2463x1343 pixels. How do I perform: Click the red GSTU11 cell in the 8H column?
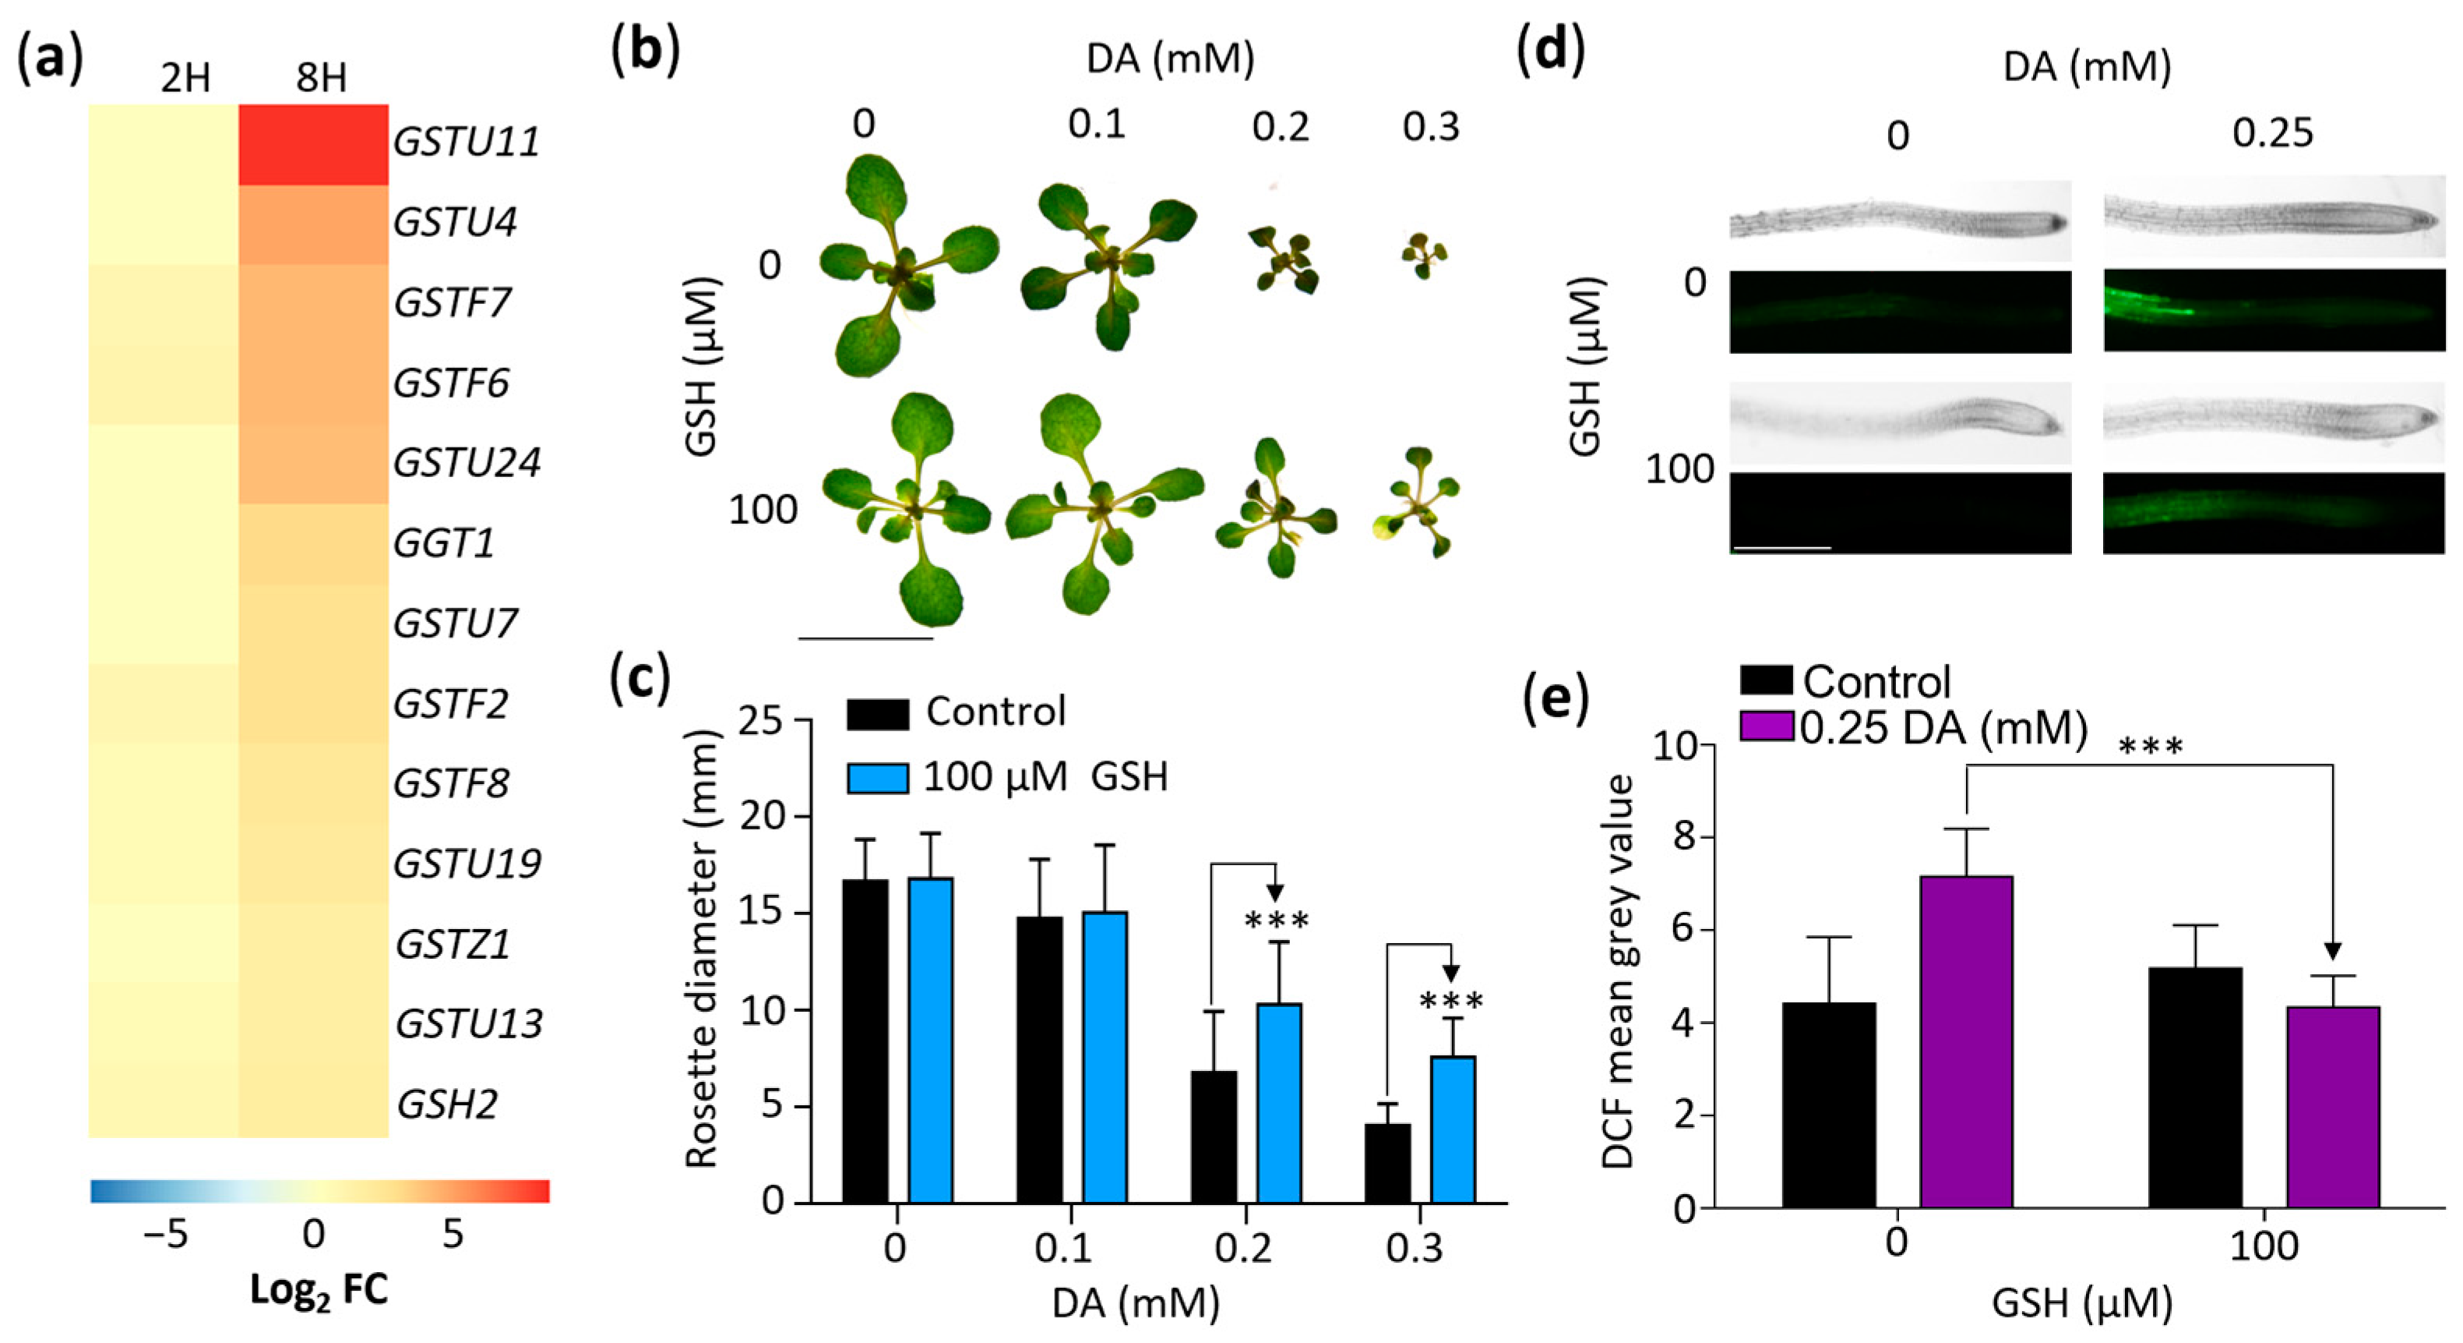pyautogui.click(x=314, y=144)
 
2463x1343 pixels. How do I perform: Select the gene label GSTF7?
pyautogui.click(x=453, y=302)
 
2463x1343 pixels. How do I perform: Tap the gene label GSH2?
pyautogui.click(x=447, y=1104)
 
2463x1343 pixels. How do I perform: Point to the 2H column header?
pyautogui.click(x=185, y=77)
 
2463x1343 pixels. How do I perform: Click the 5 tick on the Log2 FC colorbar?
pyautogui.click(x=453, y=1234)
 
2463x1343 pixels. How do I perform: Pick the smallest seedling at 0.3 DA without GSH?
pyautogui.click(x=1424, y=254)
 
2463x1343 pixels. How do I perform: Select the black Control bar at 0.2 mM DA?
pyautogui.click(x=1214, y=1136)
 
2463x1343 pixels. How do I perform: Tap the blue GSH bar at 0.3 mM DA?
pyautogui.click(x=1453, y=1129)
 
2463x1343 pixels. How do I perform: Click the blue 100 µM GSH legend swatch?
pyautogui.click(x=878, y=776)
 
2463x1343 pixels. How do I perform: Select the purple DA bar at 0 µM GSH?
pyautogui.click(x=1967, y=1041)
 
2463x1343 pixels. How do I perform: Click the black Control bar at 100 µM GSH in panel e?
pyautogui.click(x=2195, y=1087)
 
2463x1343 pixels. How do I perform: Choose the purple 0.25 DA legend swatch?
pyautogui.click(x=1767, y=727)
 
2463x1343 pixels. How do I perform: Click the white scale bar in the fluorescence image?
pyautogui.click(x=1781, y=548)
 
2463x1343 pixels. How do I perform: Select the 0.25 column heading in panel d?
pyautogui.click(x=2273, y=134)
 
